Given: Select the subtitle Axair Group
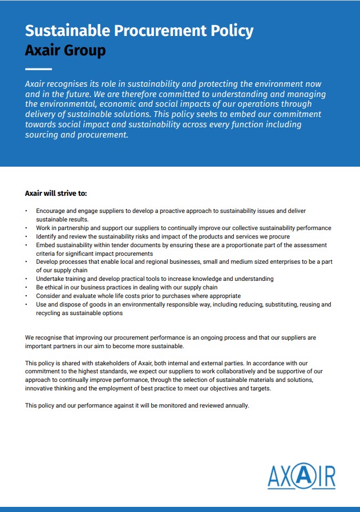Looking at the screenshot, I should [x=65, y=50].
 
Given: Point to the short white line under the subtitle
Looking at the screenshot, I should [x=38, y=69].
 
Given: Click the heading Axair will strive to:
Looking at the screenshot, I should [x=56, y=193].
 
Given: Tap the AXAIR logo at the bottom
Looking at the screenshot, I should [x=301, y=475].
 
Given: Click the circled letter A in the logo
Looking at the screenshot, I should [x=301, y=475].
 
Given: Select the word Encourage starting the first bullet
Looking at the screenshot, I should [x=51, y=211].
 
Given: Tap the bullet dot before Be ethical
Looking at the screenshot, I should [x=26, y=288].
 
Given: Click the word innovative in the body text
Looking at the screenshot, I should [x=41, y=388].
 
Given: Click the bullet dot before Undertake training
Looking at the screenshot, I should [x=26, y=279].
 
